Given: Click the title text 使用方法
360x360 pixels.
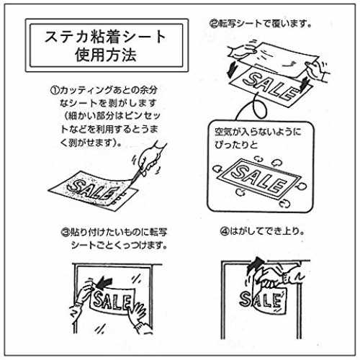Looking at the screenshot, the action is pyautogui.click(x=106, y=55).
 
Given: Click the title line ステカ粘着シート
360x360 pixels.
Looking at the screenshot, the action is pyautogui.click(x=106, y=37).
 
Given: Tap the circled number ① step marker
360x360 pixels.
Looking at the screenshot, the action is pyautogui.click(x=55, y=91).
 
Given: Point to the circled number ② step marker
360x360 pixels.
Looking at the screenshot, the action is pyautogui.click(x=214, y=24).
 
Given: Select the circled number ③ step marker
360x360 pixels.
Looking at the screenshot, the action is pyautogui.click(x=66, y=232).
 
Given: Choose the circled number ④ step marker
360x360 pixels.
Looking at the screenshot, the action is pyautogui.click(x=225, y=231).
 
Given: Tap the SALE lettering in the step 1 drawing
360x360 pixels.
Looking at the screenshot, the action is pyautogui.click(x=91, y=189).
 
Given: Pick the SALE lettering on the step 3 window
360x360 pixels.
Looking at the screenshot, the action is pyautogui.click(x=112, y=300).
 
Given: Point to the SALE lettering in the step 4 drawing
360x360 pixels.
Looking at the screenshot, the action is pyautogui.click(x=261, y=300).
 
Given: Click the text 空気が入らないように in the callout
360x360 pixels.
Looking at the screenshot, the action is pyautogui.click(x=258, y=132).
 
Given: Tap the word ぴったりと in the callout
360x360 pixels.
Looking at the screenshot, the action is pyautogui.click(x=236, y=145).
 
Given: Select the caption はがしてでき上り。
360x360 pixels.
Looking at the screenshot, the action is pyautogui.click(x=267, y=231).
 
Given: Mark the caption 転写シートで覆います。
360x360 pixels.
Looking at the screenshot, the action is pyautogui.click(x=265, y=24).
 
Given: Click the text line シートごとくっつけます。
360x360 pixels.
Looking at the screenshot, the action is pyautogui.click(x=120, y=245).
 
